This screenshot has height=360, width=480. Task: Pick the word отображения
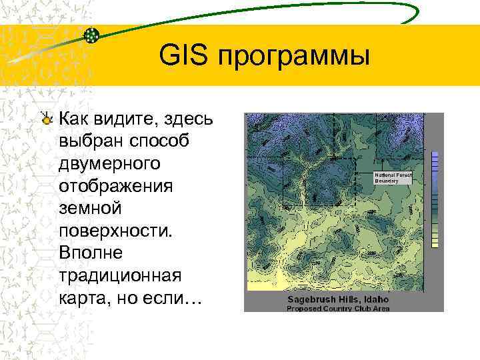click(115, 187)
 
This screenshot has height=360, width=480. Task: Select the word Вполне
click(87, 254)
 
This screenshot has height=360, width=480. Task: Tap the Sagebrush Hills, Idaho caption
click(338, 300)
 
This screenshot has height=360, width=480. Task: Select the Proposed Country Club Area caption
click(339, 309)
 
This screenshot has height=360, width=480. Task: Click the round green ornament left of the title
click(92, 35)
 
